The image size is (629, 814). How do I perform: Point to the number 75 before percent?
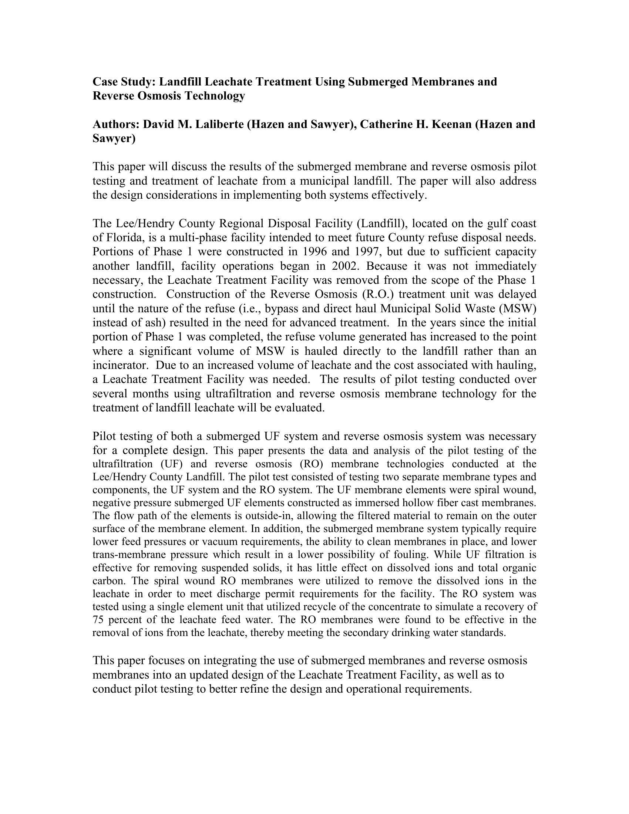(x=98, y=620)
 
